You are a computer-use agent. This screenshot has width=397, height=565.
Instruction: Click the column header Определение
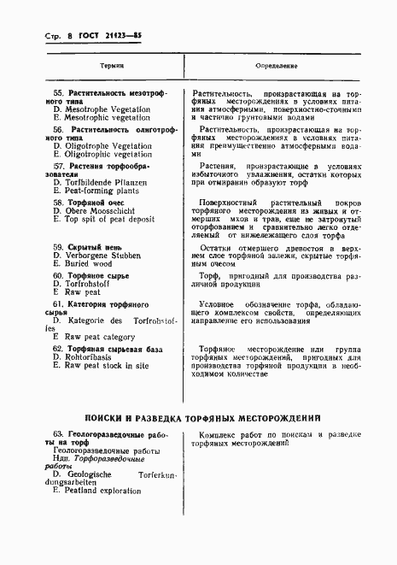(277, 64)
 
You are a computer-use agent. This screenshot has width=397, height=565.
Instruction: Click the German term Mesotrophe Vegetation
(105, 109)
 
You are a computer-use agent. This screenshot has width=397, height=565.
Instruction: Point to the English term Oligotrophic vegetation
(107, 155)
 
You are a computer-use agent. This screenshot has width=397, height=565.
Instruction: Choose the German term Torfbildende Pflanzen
(104, 182)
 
